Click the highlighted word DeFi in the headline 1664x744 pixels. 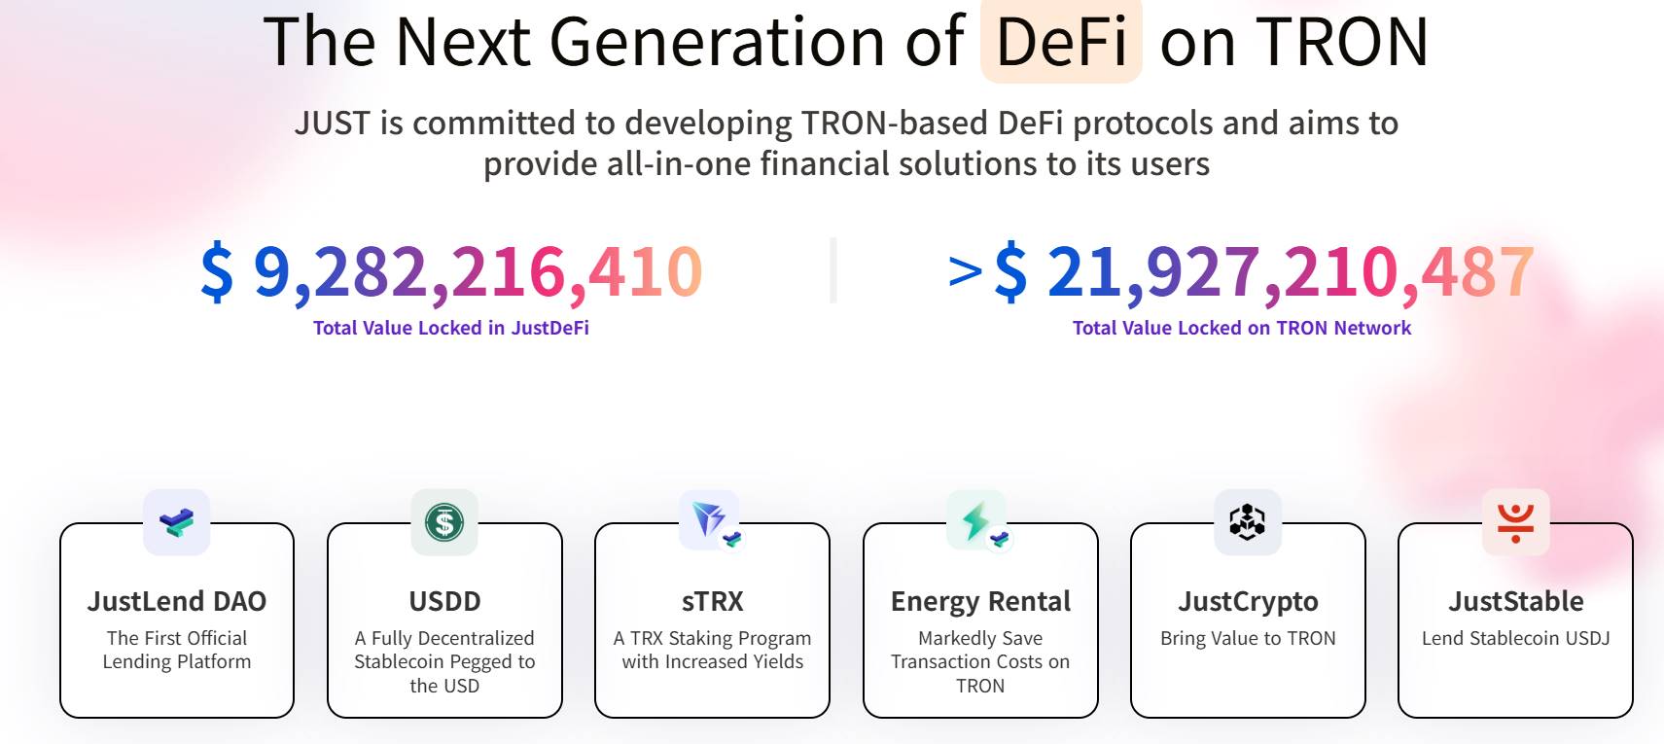[x=1061, y=42]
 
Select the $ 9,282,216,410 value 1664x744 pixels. [x=451, y=271]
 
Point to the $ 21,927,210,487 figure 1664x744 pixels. [x=1263, y=271]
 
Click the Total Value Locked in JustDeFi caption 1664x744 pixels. [x=451, y=328]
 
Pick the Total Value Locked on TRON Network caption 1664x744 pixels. [x=1241, y=328]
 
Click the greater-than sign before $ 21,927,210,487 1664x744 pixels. [x=965, y=272]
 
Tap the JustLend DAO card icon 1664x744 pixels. [x=177, y=522]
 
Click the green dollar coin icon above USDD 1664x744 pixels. [x=444, y=522]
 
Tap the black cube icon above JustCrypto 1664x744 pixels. [x=1248, y=522]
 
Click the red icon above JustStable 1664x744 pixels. [x=1515, y=522]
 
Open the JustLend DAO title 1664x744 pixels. [x=177, y=601]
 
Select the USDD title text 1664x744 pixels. [x=444, y=601]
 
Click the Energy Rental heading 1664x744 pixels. [x=980, y=601]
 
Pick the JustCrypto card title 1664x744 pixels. [x=1248, y=601]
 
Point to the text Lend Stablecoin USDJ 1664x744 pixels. [x=1515, y=638]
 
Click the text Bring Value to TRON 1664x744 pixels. [x=1248, y=638]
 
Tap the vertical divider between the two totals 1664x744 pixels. [x=833, y=270]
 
